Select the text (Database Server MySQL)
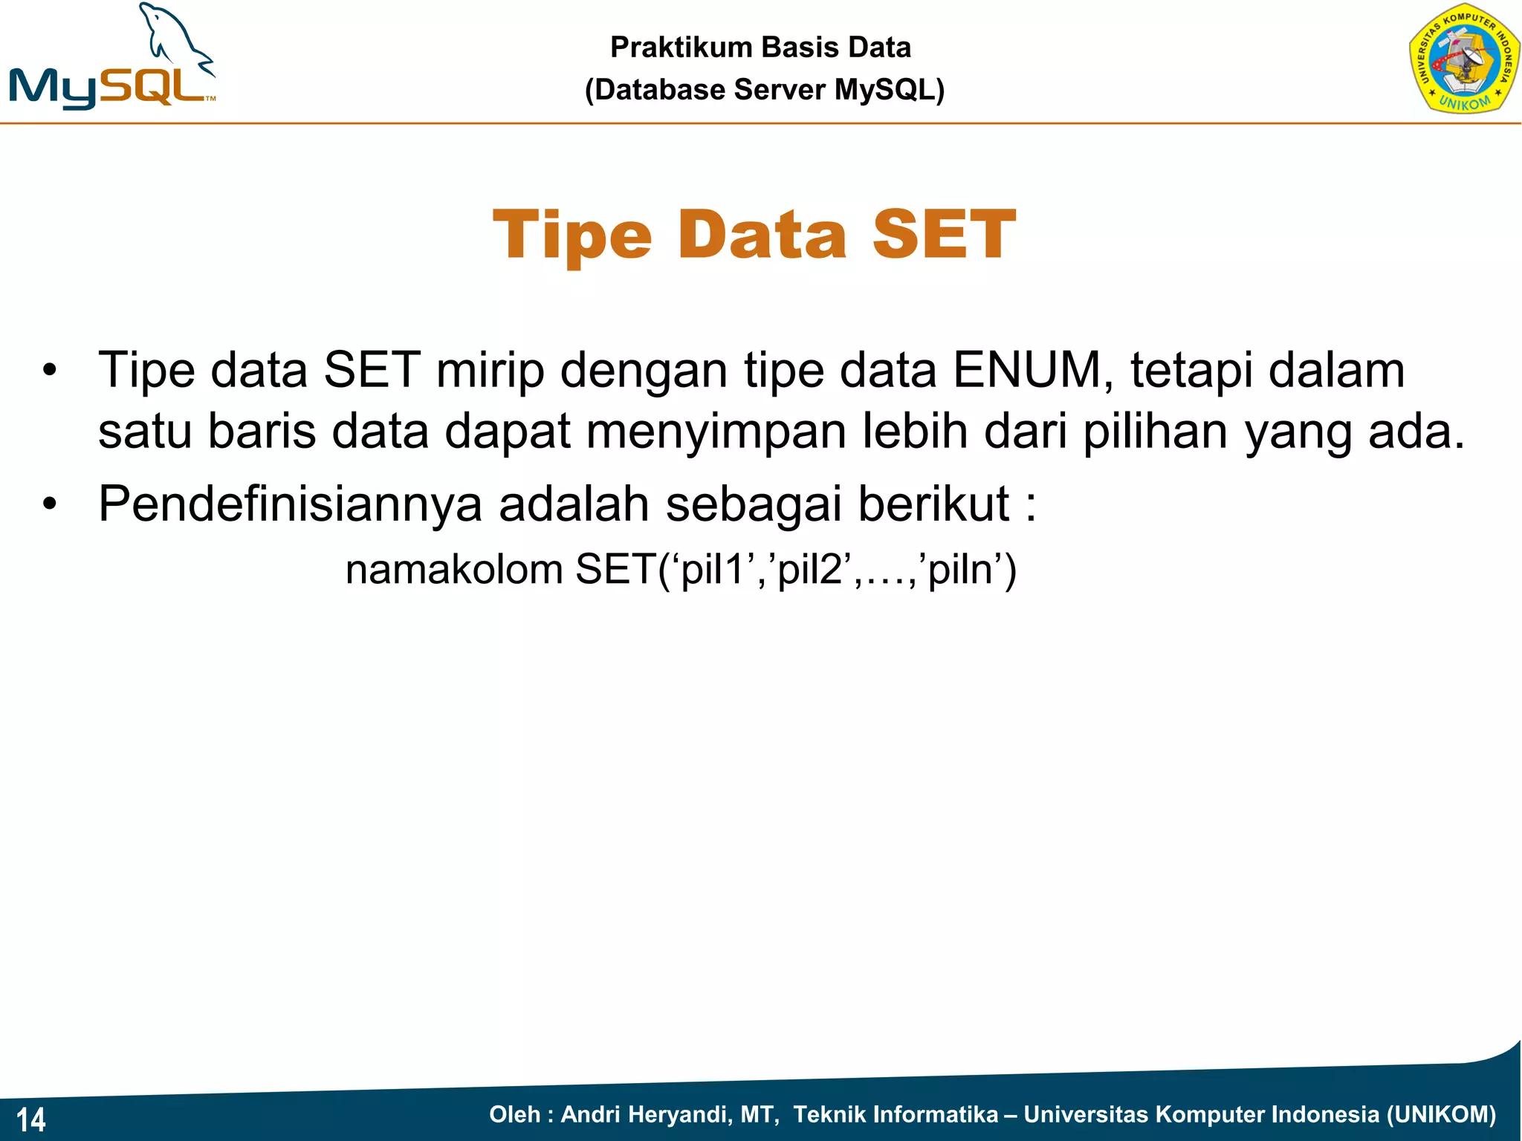[764, 90]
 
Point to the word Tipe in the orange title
[571, 236]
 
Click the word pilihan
[1155, 432]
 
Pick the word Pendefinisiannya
[290, 504]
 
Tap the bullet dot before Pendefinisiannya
[49, 504]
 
